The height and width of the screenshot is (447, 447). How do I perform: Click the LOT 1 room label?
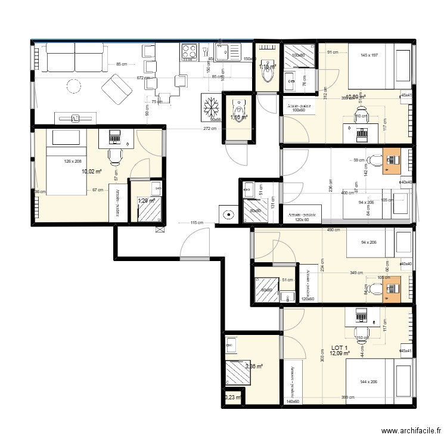(339, 347)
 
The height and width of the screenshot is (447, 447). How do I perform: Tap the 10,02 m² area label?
(92, 172)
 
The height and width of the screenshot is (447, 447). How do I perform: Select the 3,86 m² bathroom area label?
(254, 367)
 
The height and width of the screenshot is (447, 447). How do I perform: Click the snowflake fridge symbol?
(210, 107)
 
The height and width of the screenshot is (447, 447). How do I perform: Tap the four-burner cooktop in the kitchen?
(190, 52)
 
